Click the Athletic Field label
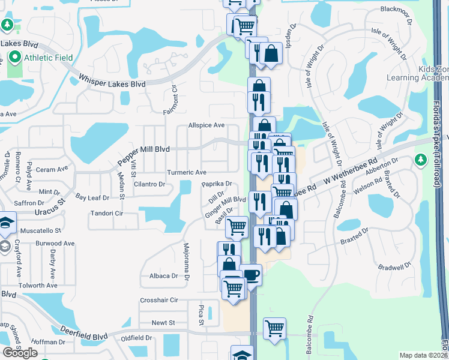click(x=48, y=58)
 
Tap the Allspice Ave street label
click(x=206, y=125)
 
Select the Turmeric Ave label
click(x=187, y=172)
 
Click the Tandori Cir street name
click(x=106, y=213)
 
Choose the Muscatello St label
click(x=41, y=230)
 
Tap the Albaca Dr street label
click(x=163, y=276)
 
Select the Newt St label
click(x=163, y=322)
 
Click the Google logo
click(x=20, y=353)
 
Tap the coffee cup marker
click(x=250, y=274)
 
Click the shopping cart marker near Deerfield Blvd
click(x=274, y=328)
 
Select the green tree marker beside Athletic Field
click(x=7, y=25)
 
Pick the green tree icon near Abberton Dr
click(x=420, y=160)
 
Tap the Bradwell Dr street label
click(x=394, y=265)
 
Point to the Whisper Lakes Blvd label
click(x=112, y=81)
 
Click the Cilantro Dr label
click(x=149, y=184)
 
